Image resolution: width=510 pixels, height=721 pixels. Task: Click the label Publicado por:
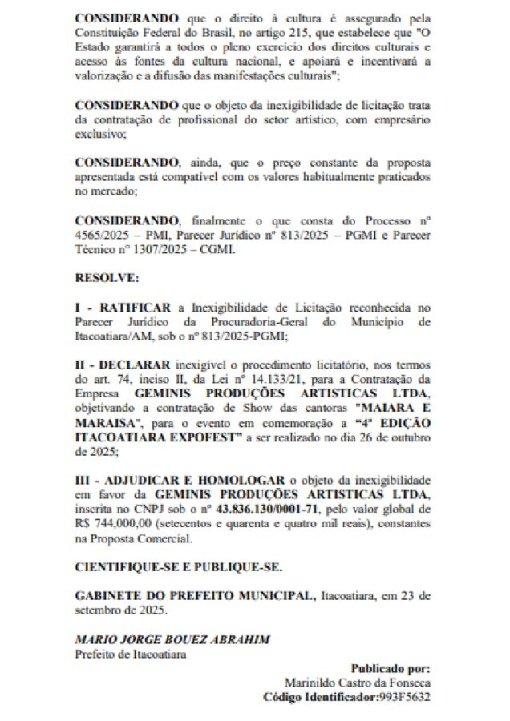(391, 668)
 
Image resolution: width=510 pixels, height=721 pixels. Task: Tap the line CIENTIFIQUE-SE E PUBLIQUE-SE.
(178, 567)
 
